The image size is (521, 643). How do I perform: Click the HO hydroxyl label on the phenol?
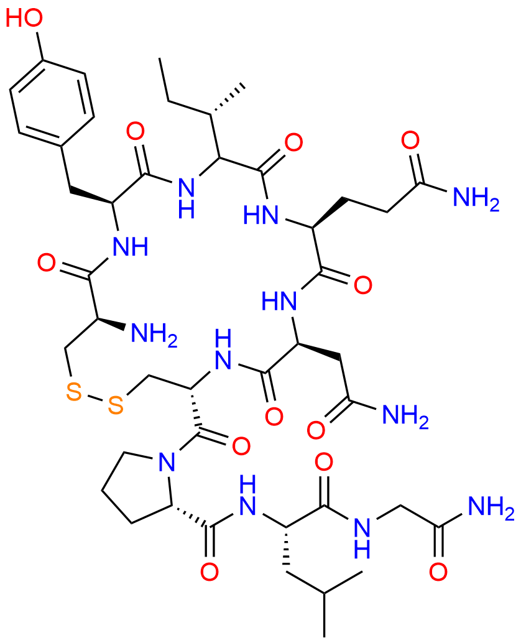point(24,18)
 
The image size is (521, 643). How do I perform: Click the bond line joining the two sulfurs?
point(95,398)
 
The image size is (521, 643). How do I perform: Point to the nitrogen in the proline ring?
point(166,462)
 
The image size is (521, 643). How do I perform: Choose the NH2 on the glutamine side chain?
point(476,198)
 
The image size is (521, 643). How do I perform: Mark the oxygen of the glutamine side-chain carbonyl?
point(410,141)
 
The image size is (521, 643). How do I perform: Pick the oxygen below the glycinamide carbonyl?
point(438,571)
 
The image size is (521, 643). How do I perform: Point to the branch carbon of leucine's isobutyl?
point(325,593)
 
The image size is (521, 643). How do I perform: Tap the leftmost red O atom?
point(47,262)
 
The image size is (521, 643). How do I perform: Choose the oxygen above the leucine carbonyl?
point(324,462)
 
